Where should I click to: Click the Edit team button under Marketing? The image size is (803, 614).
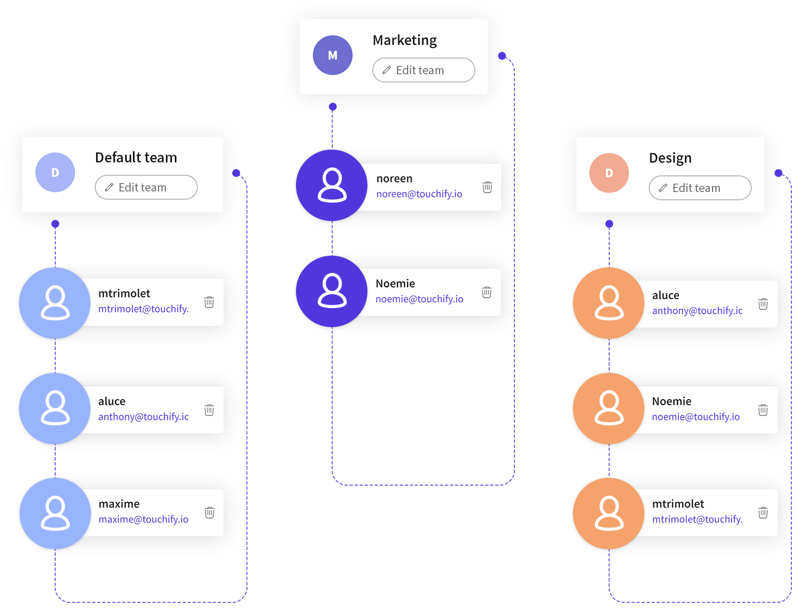coord(423,70)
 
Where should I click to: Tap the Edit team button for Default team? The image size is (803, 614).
coord(146,188)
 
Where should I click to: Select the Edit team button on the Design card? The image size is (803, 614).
coord(700,188)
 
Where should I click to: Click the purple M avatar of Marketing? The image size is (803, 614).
coord(332,55)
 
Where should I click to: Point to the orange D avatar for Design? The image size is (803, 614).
coord(609,173)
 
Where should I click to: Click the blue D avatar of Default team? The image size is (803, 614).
coord(55,172)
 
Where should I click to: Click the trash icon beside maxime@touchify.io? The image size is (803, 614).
coord(209,512)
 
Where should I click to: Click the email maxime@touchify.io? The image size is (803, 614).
coord(144,519)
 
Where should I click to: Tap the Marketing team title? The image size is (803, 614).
coord(405,40)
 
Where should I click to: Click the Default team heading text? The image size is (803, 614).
coord(136,157)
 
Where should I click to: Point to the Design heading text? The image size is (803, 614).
coord(670,158)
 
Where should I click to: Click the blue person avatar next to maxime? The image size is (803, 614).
coord(55,513)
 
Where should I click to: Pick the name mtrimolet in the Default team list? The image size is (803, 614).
coord(124,294)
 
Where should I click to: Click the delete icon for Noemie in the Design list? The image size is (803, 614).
coord(763,410)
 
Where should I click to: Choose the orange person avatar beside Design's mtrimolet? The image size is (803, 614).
coord(609,513)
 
